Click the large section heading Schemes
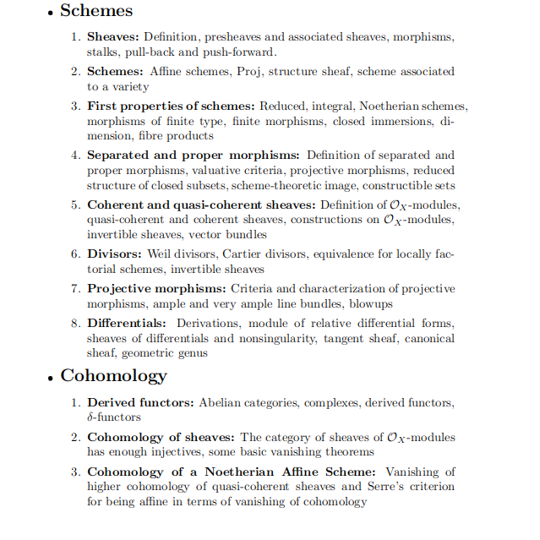[x=96, y=11]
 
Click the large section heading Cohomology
[x=113, y=375]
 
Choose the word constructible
[x=392, y=185]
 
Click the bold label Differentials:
[x=127, y=324]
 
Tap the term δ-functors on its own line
[x=114, y=417]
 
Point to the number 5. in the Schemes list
[x=75, y=205]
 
